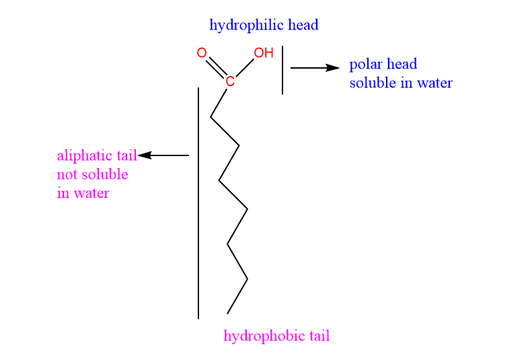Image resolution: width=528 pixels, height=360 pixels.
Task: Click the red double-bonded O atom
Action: (x=202, y=52)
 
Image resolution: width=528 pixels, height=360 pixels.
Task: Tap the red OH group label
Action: (x=263, y=52)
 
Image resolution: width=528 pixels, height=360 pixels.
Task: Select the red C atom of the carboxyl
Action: (x=230, y=81)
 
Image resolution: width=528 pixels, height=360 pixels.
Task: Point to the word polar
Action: (x=366, y=65)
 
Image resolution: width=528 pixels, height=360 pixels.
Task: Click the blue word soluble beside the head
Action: (x=373, y=83)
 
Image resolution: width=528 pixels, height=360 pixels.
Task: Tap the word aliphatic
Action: (x=85, y=156)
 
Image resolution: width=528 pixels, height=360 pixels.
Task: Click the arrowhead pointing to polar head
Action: (x=333, y=68)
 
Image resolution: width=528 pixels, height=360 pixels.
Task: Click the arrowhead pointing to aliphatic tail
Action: (x=145, y=155)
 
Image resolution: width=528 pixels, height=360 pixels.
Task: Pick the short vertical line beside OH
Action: (x=282, y=70)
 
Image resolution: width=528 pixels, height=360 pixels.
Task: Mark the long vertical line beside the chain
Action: (x=198, y=203)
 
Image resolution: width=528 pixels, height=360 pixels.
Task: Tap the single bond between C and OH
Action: (x=245, y=68)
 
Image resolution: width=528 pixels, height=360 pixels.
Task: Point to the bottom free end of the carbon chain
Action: (x=227, y=314)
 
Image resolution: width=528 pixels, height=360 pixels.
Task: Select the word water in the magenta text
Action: (x=91, y=193)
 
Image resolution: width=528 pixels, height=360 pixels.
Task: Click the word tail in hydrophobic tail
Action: (x=319, y=336)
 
